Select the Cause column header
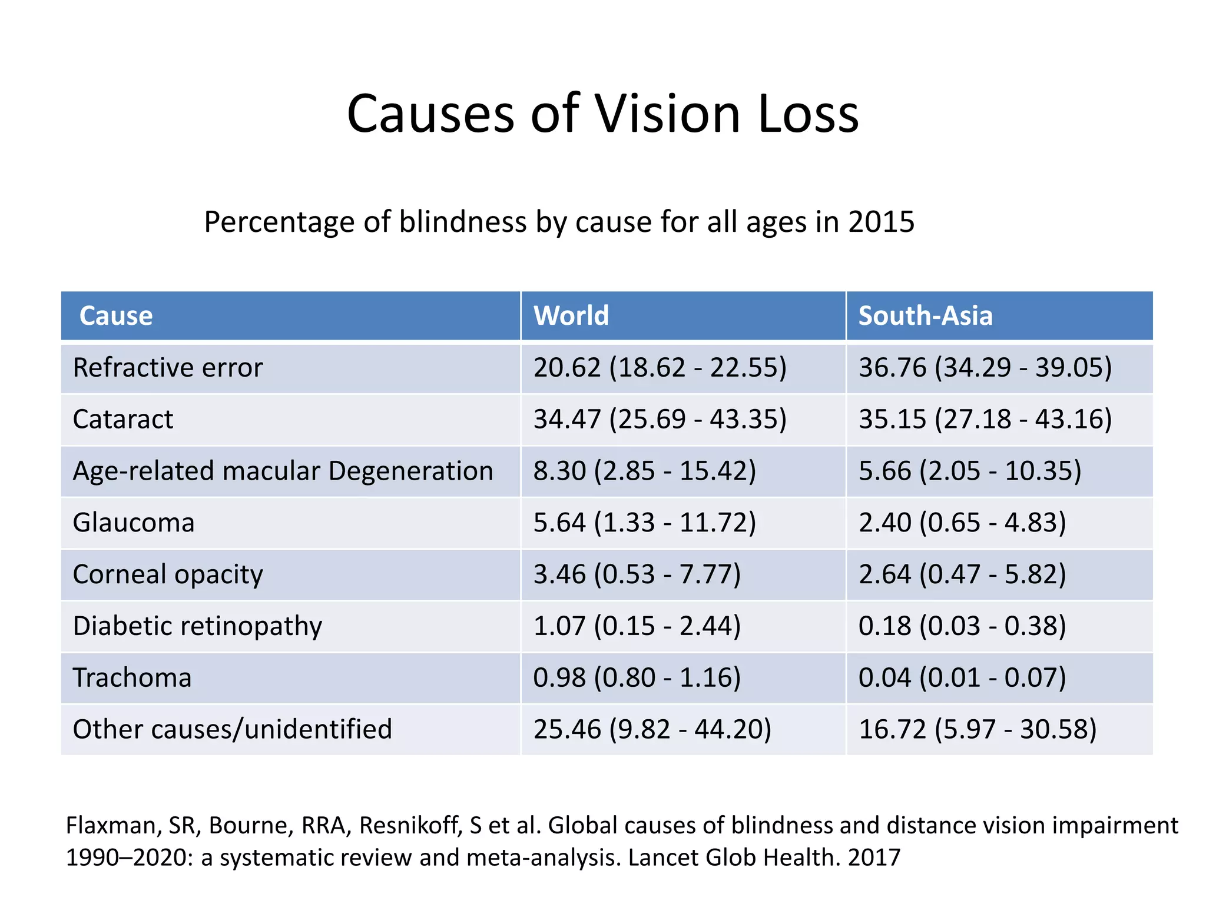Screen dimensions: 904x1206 116,316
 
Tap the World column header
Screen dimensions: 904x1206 571,316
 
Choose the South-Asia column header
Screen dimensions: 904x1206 925,316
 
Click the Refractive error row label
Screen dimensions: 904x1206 168,368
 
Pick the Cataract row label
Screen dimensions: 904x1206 123,420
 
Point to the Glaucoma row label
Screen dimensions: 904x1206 134,523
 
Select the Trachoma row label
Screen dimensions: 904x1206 132,678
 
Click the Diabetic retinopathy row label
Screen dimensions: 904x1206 197,626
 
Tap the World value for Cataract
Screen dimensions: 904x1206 660,420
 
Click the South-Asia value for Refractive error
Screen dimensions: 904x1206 985,368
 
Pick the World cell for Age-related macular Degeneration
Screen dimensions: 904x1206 644,471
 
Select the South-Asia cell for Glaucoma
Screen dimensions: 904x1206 962,523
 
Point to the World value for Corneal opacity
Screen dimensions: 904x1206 637,574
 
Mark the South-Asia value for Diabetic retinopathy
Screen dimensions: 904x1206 962,626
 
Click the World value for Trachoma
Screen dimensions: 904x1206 637,678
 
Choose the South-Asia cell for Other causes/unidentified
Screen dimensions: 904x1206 978,730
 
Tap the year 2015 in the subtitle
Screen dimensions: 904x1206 881,222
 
